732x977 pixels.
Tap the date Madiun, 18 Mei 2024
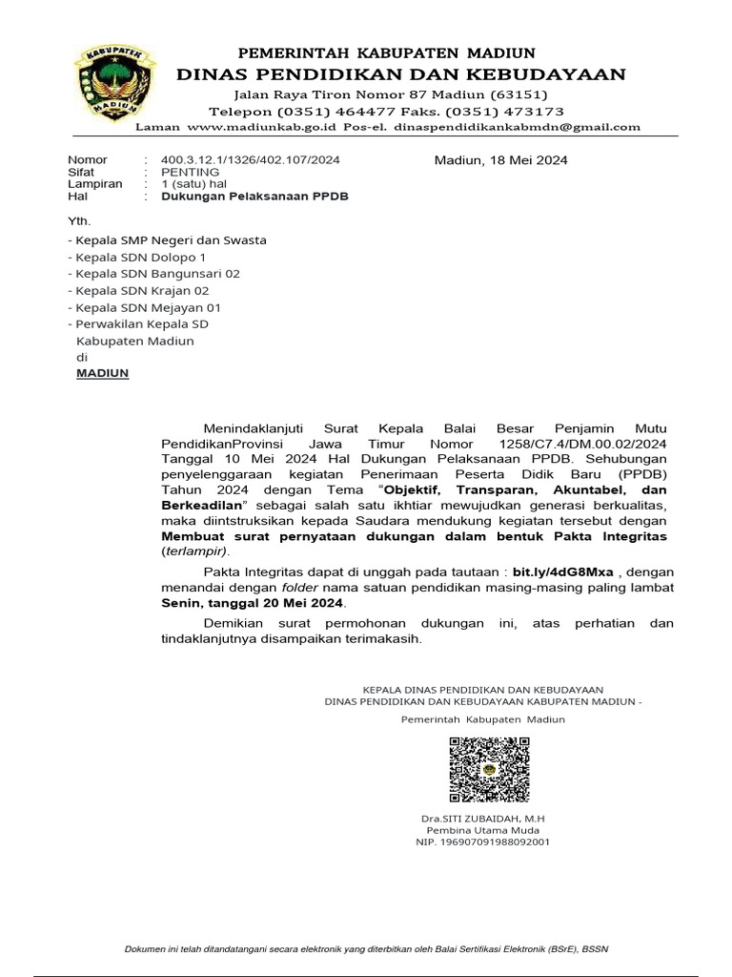coord(500,160)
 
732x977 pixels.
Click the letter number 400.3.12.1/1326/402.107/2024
coord(251,160)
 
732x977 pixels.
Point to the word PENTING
coord(191,173)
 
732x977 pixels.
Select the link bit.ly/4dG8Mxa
coord(562,572)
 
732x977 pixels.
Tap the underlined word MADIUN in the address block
coord(102,374)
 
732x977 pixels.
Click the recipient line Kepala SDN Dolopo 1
coord(136,258)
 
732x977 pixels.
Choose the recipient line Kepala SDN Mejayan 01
coord(145,307)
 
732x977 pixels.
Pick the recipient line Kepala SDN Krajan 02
coord(139,291)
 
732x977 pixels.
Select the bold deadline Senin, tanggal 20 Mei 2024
coord(253,604)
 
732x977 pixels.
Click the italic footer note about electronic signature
coord(367,948)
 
